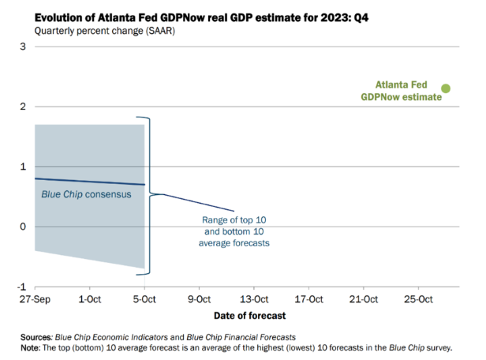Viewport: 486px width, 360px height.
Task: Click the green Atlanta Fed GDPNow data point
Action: click(x=445, y=89)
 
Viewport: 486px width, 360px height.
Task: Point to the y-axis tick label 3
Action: click(x=24, y=47)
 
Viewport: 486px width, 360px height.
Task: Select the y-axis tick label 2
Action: click(x=24, y=107)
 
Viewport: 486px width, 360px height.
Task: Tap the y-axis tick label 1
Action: click(x=24, y=167)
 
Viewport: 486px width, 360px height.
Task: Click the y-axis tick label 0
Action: click(x=24, y=227)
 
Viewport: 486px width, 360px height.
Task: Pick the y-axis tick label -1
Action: click(x=22, y=287)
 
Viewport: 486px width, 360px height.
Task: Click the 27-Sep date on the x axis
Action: click(x=35, y=300)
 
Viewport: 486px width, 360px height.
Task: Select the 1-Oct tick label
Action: click(x=90, y=300)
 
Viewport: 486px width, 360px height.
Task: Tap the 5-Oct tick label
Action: click(x=144, y=300)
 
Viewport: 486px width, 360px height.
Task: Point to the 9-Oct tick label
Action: click(x=200, y=300)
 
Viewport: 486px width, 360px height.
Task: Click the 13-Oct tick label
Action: click(x=254, y=300)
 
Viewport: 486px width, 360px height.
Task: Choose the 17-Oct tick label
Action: click(x=308, y=300)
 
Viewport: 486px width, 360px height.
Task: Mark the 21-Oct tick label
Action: click(x=364, y=300)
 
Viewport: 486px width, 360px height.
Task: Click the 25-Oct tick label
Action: click(x=418, y=300)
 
